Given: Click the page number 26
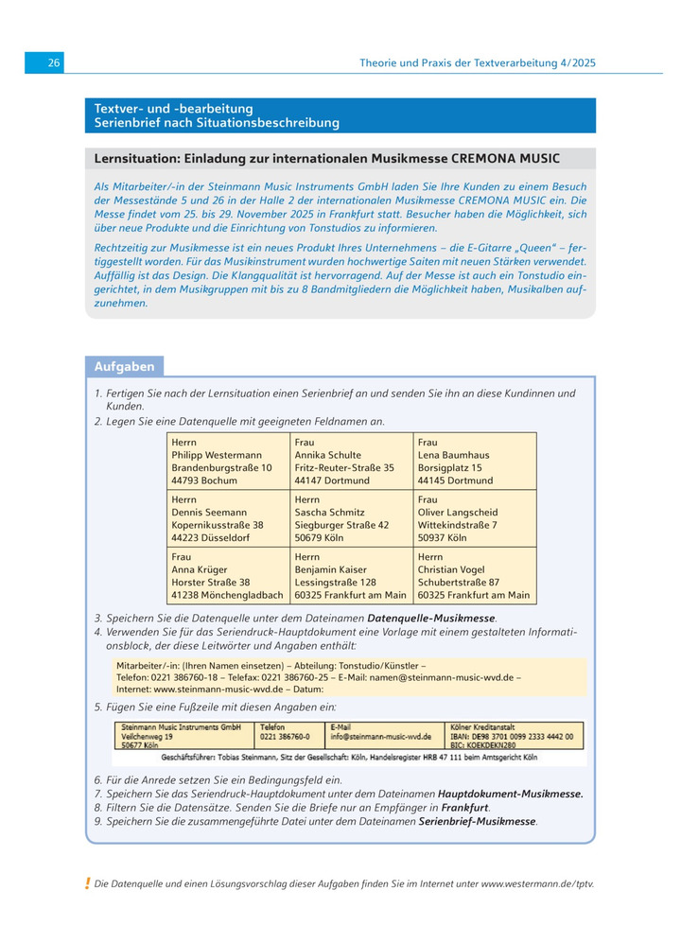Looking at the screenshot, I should click(x=54, y=62).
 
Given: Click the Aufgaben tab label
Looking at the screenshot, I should click(x=125, y=367).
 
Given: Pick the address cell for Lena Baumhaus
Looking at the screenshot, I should click(x=474, y=461).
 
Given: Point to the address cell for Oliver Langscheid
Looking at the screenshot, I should click(x=474, y=518).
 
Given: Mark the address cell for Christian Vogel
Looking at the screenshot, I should click(x=474, y=576).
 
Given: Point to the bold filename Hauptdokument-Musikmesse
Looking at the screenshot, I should click(x=511, y=794).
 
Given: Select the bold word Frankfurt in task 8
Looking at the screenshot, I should click(x=464, y=808).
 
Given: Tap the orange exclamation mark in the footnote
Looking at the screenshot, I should click(x=87, y=883).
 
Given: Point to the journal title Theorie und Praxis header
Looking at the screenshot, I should click(x=478, y=63).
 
